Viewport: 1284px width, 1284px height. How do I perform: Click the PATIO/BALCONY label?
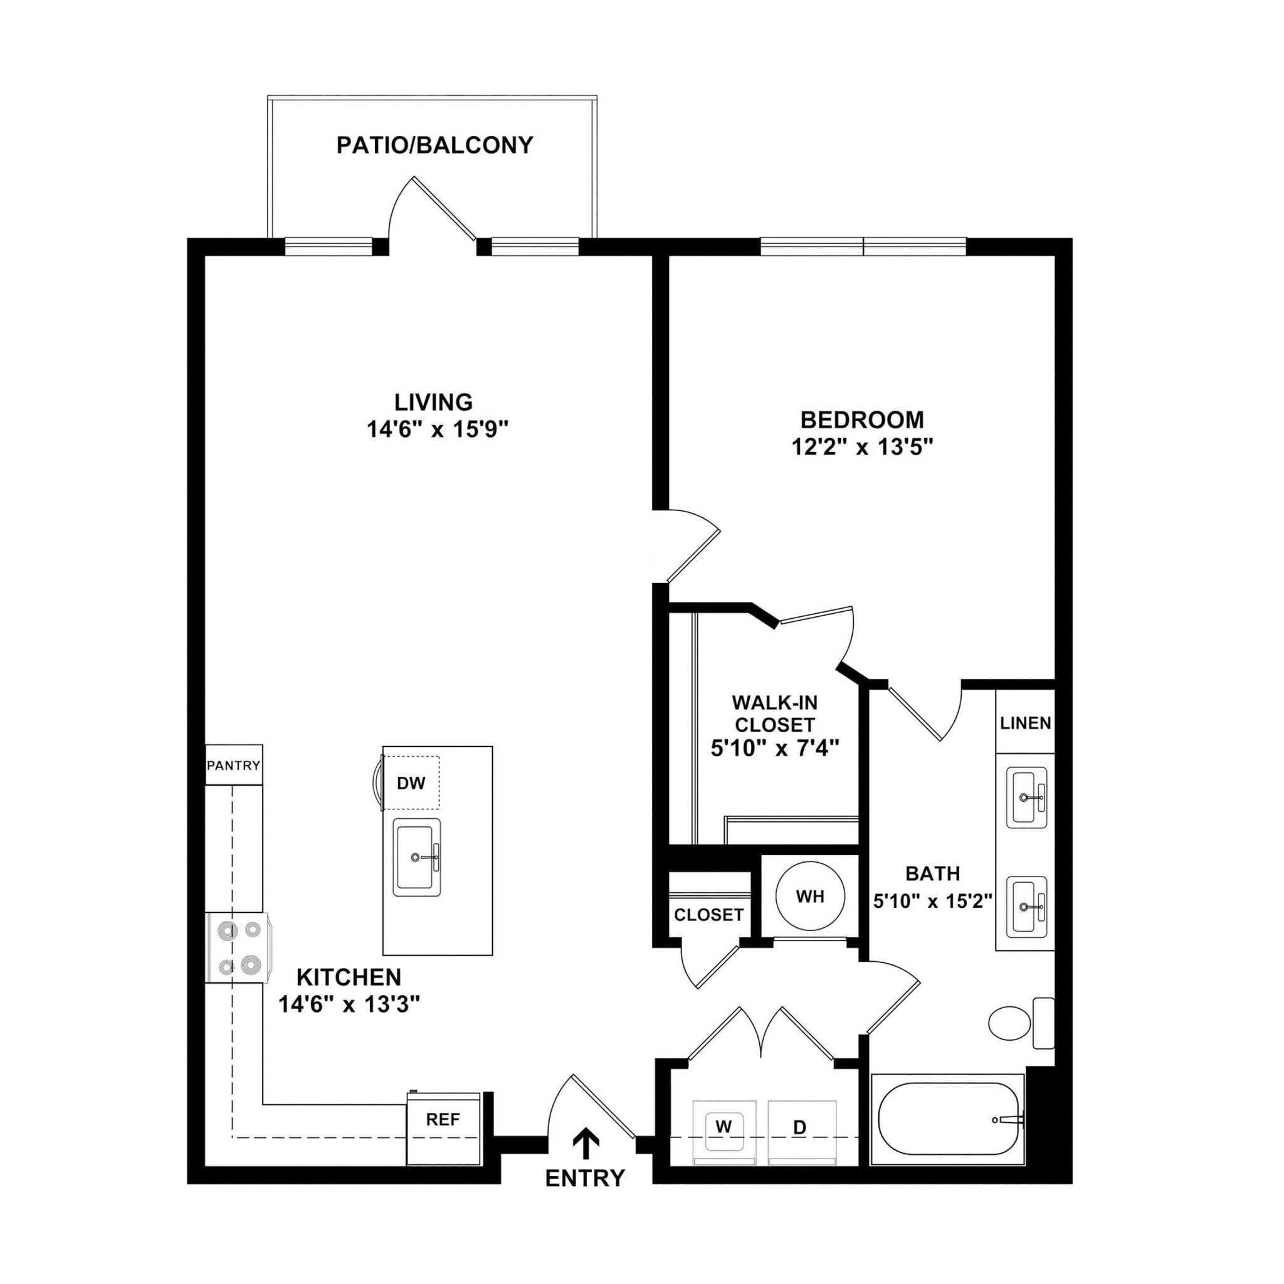tap(434, 145)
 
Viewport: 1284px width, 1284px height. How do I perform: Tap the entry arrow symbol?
tap(586, 1142)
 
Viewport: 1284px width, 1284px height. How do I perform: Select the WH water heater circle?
tap(809, 897)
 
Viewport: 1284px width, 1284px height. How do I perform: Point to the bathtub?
tap(949, 1119)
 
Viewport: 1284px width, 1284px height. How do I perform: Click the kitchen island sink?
tap(417, 857)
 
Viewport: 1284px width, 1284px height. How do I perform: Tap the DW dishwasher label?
tap(411, 783)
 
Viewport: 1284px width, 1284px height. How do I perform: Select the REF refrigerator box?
tap(443, 1120)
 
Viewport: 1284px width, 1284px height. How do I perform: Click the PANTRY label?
tap(233, 765)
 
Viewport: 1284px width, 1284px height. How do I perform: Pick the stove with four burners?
tap(236, 947)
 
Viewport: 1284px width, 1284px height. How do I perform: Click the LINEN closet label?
tap(1026, 723)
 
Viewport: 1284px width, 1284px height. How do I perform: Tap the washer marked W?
tap(724, 1127)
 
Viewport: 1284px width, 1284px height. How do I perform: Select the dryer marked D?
tap(801, 1127)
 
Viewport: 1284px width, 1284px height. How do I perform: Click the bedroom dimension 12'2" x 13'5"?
tap(862, 447)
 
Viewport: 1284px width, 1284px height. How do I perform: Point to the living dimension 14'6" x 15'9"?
tap(438, 429)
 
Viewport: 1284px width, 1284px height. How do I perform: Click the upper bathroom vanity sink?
tap(1026, 797)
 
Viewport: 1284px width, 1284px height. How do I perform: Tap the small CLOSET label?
tap(708, 915)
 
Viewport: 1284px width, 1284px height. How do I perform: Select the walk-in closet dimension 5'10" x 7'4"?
tap(775, 749)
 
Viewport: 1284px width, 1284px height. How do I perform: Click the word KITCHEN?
tap(349, 977)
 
